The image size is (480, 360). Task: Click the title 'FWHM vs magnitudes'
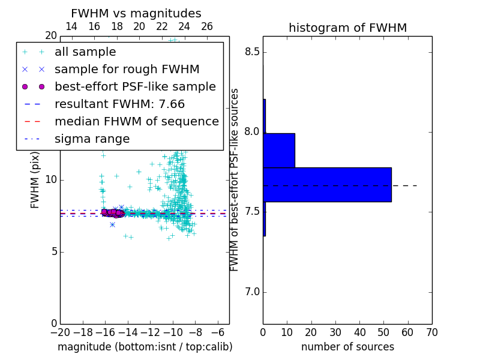[x=136, y=13]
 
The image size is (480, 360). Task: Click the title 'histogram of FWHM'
[x=347, y=28]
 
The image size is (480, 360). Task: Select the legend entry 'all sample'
[x=85, y=52]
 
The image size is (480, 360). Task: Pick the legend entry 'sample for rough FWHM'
[x=127, y=70]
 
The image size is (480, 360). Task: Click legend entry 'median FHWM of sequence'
[x=137, y=122]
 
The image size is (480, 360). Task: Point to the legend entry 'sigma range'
[x=92, y=139]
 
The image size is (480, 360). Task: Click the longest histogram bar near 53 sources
[x=327, y=184]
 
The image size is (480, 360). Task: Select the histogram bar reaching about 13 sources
[x=279, y=150]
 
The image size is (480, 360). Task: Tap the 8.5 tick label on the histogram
[x=253, y=52]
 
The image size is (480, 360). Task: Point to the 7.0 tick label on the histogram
[x=253, y=292]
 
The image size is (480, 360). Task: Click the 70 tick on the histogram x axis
[x=431, y=332]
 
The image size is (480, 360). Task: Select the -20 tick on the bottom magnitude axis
[x=60, y=332]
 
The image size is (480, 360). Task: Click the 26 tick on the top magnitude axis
[x=207, y=26]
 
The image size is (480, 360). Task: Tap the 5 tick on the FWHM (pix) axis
[x=53, y=251]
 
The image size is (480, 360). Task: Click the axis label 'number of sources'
[x=347, y=347]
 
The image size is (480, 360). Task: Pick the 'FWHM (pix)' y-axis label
[x=35, y=179]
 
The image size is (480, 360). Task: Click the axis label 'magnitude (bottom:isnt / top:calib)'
[x=145, y=347]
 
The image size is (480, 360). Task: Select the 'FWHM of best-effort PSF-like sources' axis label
[x=235, y=179]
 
